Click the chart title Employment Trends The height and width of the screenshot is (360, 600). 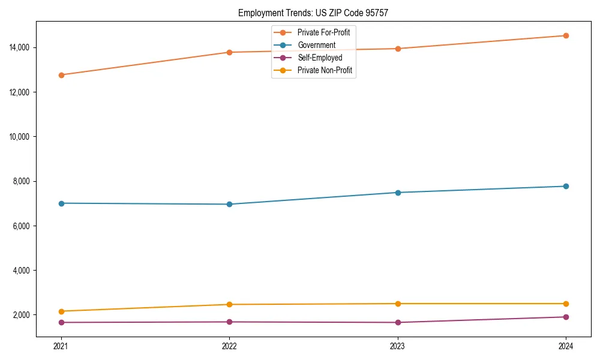click(x=313, y=13)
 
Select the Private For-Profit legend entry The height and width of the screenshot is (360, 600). click(x=323, y=32)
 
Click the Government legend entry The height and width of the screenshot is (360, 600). click(x=316, y=45)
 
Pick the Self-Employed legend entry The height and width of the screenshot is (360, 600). click(x=319, y=58)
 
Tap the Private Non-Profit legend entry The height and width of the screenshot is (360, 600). click(x=324, y=71)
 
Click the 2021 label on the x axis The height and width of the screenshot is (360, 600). click(x=61, y=346)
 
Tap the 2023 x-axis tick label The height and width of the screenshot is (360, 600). click(x=398, y=346)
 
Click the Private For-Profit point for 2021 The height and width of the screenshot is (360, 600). click(x=61, y=75)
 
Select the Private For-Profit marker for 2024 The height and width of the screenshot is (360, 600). click(x=566, y=35)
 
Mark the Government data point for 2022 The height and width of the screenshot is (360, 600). click(x=229, y=204)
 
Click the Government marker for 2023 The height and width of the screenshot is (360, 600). click(x=398, y=193)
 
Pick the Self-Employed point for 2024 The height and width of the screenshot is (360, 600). click(x=566, y=317)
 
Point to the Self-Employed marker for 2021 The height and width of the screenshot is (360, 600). click(x=61, y=322)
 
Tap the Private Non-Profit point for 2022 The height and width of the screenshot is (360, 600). click(x=229, y=304)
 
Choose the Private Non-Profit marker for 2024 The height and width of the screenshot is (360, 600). click(x=566, y=304)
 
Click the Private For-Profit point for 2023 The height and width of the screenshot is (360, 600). click(x=398, y=49)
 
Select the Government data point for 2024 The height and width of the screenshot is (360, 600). click(x=566, y=186)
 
